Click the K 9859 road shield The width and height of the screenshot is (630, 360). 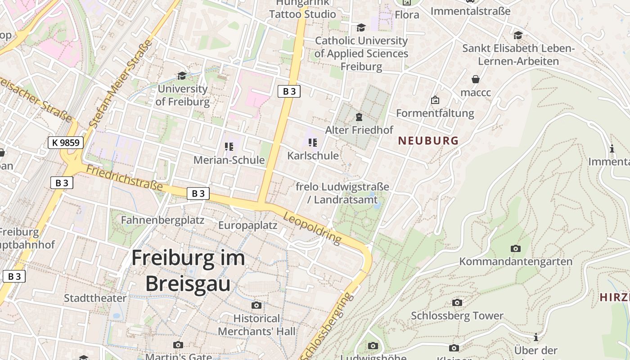[x=66, y=143]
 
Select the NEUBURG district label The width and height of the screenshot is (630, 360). [x=428, y=141]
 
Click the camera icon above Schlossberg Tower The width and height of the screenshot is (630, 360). [x=457, y=302]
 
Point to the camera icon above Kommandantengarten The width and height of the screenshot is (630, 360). [x=515, y=248]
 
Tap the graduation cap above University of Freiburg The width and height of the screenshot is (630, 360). [x=182, y=76]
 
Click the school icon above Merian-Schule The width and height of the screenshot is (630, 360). [x=229, y=147]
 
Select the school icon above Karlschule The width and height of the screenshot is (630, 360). [x=313, y=143]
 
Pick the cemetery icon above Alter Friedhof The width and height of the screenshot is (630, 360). [x=359, y=117]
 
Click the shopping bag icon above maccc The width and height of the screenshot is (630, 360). [x=475, y=80]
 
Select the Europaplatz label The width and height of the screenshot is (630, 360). [x=247, y=225]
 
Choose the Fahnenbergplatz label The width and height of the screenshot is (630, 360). [x=162, y=220]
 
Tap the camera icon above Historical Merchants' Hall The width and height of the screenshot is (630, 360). [x=256, y=306]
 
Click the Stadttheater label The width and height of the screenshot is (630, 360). [x=95, y=298]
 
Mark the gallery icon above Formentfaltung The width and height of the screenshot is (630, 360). [x=435, y=100]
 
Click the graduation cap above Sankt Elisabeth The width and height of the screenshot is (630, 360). [x=518, y=35]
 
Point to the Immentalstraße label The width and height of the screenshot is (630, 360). [x=470, y=11]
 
